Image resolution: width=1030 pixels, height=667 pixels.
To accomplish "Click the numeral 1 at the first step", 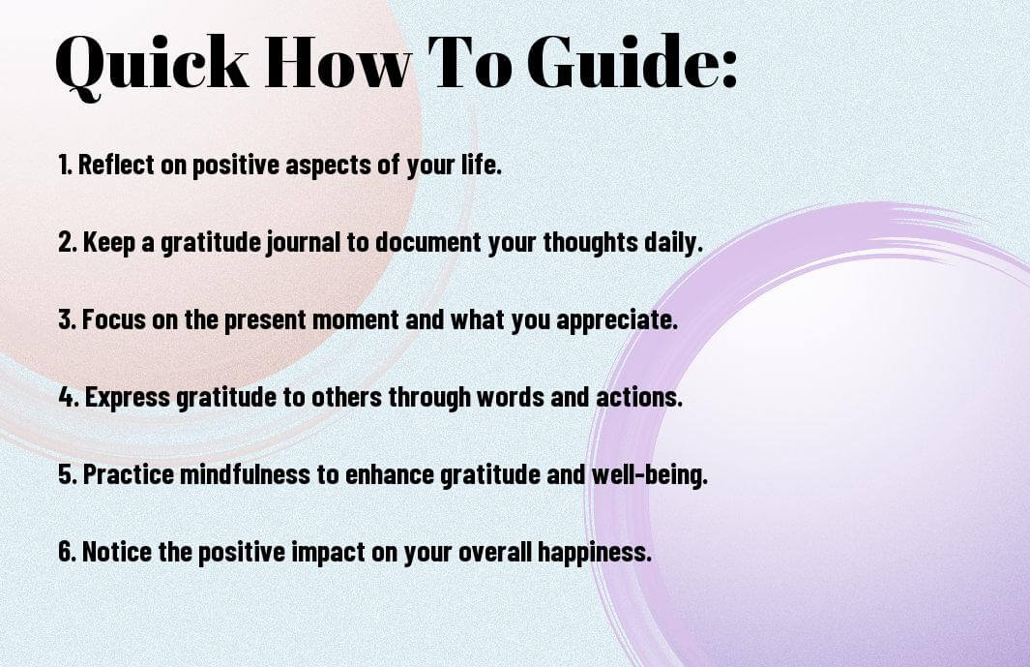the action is pyautogui.click(x=63, y=165).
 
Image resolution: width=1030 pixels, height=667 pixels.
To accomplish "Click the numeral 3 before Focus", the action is pyautogui.click(x=65, y=319).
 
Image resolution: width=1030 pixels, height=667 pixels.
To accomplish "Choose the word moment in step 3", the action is pyautogui.click(x=355, y=319).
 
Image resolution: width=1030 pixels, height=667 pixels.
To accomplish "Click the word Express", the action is pyautogui.click(x=128, y=397).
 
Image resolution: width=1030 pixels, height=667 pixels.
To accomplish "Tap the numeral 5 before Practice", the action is pyautogui.click(x=66, y=474).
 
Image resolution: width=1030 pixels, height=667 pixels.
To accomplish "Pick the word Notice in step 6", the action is pyautogui.click(x=118, y=551).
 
